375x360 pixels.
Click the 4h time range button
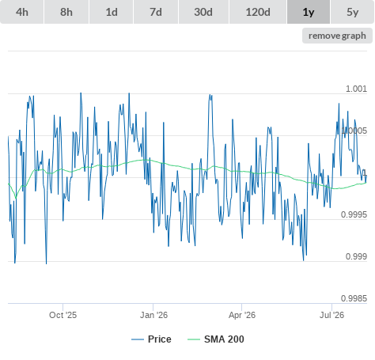pyautogui.click(x=22, y=12)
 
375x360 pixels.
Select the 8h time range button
pyautogui.click(x=66, y=12)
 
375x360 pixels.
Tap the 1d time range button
pyautogui.click(x=112, y=12)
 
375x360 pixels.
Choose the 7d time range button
pyautogui.click(x=156, y=12)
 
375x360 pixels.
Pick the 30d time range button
pyautogui.click(x=203, y=12)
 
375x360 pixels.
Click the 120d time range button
pyautogui.click(x=258, y=12)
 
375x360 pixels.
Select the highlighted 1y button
pyautogui.click(x=309, y=12)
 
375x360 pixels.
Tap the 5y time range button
pyautogui.click(x=353, y=12)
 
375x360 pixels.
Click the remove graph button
pyautogui.click(x=337, y=36)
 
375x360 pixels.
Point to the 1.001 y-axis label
pyautogui.click(x=356, y=89)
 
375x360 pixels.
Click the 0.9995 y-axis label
pyautogui.click(x=354, y=214)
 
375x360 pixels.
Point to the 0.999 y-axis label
pyautogui.click(x=356, y=256)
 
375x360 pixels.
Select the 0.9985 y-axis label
pyautogui.click(x=354, y=298)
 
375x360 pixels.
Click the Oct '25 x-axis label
pyautogui.click(x=62, y=315)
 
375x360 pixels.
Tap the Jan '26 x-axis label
pyautogui.click(x=153, y=315)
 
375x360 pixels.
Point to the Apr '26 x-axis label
pyautogui.click(x=242, y=315)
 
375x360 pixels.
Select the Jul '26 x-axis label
pyautogui.click(x=331, y=315)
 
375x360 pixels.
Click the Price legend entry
pyautogui.click(x=151, y=339)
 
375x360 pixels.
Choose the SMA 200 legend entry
pyautogui.click(x=216, y=339)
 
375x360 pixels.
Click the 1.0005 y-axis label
pyautogui.click(x=354, y=131)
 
